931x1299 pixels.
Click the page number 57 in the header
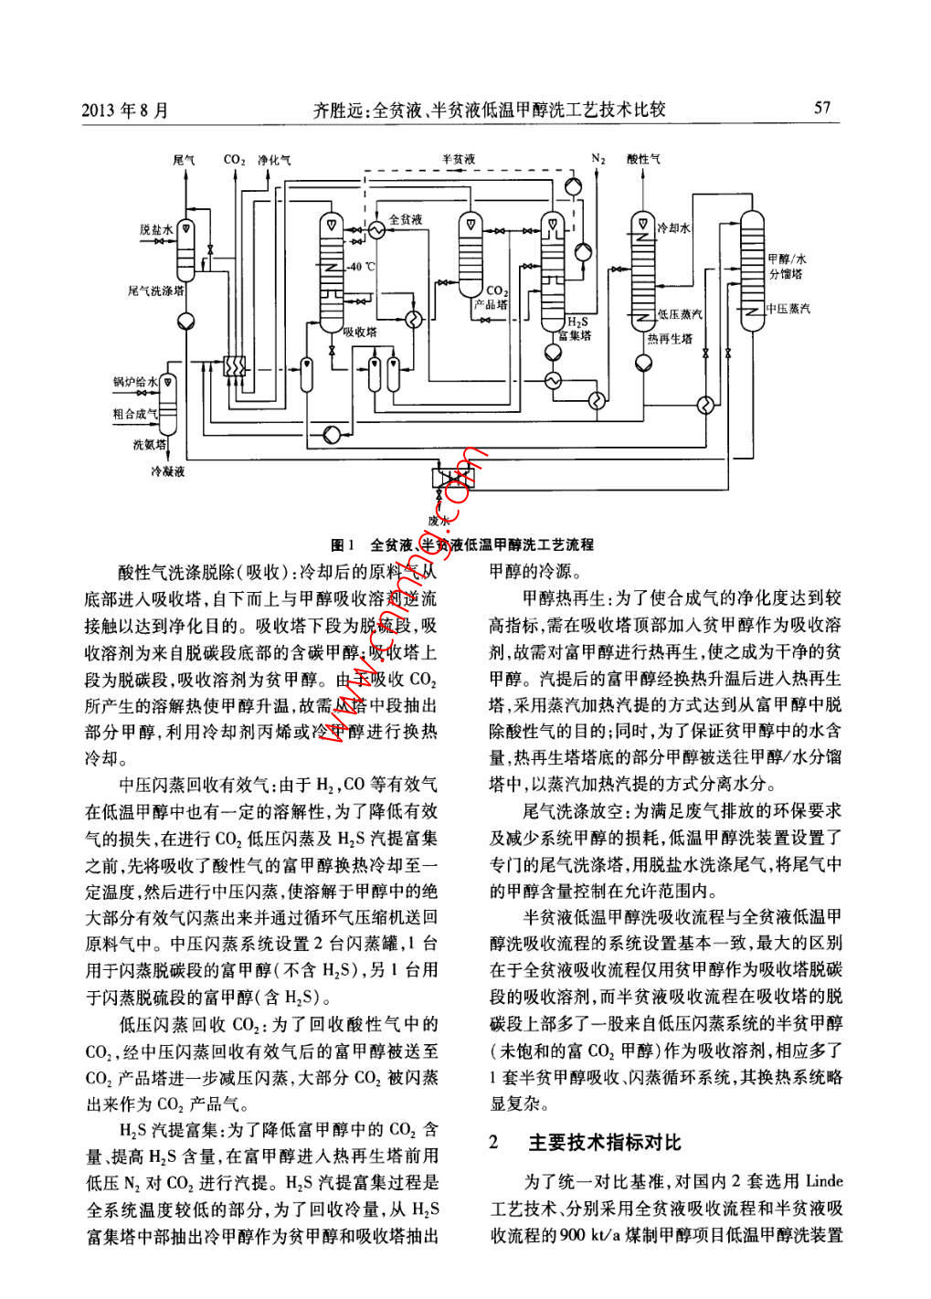822,108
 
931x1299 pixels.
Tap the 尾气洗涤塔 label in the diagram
156,291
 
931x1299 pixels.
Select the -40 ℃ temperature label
362,267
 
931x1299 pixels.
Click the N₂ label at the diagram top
598,159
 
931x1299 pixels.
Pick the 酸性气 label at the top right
643,159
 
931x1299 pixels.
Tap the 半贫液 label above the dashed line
459,159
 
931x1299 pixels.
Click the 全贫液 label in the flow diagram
406,220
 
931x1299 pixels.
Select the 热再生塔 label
669,339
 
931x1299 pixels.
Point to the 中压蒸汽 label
788,309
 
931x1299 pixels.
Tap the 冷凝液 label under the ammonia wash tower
168,472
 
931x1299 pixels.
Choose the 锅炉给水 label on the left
135,381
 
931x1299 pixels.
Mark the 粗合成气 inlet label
134,414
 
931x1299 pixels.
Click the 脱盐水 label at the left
155,229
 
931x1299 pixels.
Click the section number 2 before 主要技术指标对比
494,1143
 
